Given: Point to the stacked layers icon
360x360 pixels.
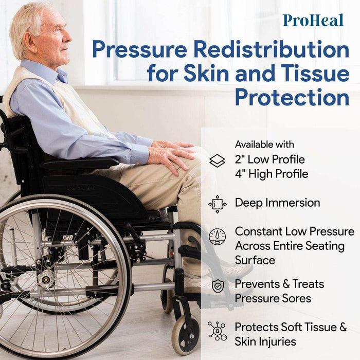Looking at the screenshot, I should pos(217,161).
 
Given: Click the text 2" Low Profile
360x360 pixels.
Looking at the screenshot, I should pos(269,159).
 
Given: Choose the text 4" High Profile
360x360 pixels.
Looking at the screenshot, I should pos(272,174).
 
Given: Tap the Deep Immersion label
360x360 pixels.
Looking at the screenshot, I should pos(277,203).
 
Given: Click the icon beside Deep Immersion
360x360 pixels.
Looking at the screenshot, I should pos(217,204).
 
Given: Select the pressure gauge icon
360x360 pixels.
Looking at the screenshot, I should pos(217,237).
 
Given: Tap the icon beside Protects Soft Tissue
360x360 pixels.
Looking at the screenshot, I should pos(217,330).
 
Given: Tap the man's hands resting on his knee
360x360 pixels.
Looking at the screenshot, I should pos(170,154).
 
